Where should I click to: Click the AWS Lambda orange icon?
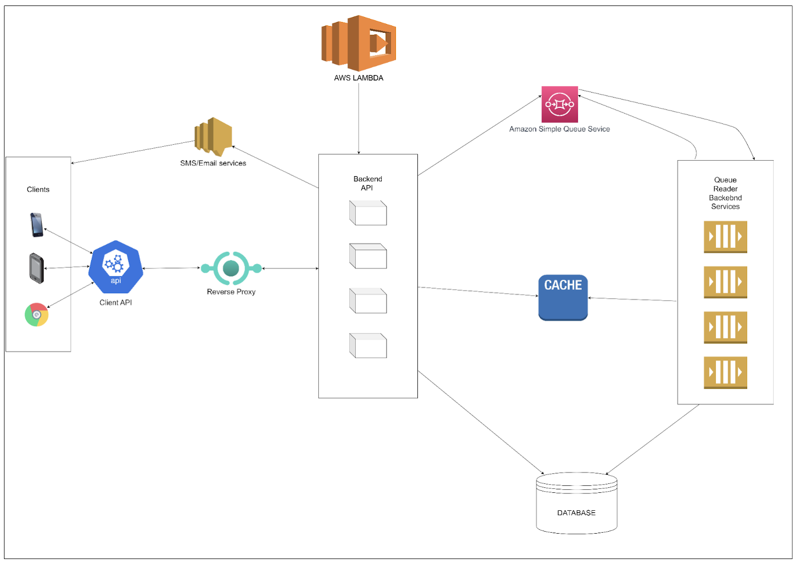(x=359, y=43)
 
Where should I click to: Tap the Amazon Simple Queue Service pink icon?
(x=559, y=104)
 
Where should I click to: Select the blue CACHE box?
(x=563, y=297)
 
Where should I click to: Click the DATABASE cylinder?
(x=576, y=503)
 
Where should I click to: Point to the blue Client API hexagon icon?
(x=116, y=267)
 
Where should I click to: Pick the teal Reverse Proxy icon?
(x=231, y=268)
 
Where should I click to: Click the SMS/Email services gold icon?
(x=213, y=136)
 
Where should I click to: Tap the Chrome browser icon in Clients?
(x=36, y=315)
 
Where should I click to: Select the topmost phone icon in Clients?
(x=37, y=225)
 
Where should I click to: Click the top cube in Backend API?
(x=368, y=213)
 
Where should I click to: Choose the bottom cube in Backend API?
(x=368, y=345)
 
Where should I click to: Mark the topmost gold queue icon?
(x=725, y=236)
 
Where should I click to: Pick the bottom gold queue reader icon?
(x=725, y=372)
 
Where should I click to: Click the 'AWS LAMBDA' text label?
(x=359, y=78)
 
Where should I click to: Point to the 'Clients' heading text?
(x=38, y=190)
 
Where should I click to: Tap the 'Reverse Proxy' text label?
(x=231, y=292)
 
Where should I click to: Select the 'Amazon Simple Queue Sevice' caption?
(x=559, y=129)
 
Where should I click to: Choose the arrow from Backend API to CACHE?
(x=478, y=291)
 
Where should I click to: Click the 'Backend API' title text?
(x=368, y=183)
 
